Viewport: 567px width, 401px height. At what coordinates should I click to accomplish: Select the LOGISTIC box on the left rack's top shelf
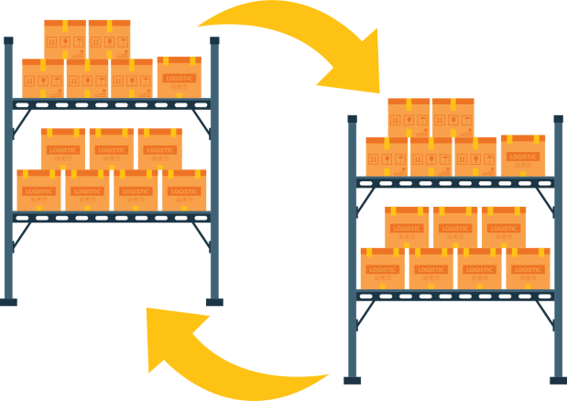(179, 77)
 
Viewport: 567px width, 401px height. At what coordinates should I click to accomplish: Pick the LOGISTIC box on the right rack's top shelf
(522, 155)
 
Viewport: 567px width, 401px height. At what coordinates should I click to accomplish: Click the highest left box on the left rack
(64, 39)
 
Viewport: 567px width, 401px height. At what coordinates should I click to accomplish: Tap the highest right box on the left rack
(109, 39)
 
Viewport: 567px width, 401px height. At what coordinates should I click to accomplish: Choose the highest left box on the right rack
(409, 117)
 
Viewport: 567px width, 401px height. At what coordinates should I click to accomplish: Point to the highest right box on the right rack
(453, 117)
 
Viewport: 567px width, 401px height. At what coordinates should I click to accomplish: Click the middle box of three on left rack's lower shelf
(112, 148)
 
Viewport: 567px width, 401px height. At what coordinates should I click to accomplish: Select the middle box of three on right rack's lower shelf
(455, 226)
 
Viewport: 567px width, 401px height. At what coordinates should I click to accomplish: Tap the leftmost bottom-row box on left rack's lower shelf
(39, 190)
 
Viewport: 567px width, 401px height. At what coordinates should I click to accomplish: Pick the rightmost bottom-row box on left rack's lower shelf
(184, 190)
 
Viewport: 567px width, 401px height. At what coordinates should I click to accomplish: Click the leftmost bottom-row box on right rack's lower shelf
(383, 268)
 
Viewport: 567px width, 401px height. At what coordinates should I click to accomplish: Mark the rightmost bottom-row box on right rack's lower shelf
(528, 268)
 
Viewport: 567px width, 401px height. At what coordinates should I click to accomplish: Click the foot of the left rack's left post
(8, 300)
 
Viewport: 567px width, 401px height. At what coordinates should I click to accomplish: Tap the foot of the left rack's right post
(214, 300)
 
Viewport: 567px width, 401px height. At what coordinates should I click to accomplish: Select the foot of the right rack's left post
(352, 378)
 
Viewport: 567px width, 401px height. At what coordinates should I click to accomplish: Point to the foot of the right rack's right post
(558, 378)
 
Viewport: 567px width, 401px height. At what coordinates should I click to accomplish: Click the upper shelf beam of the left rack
(111, 103)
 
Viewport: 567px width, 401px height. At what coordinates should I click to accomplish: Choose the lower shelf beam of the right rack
(455, 295)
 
